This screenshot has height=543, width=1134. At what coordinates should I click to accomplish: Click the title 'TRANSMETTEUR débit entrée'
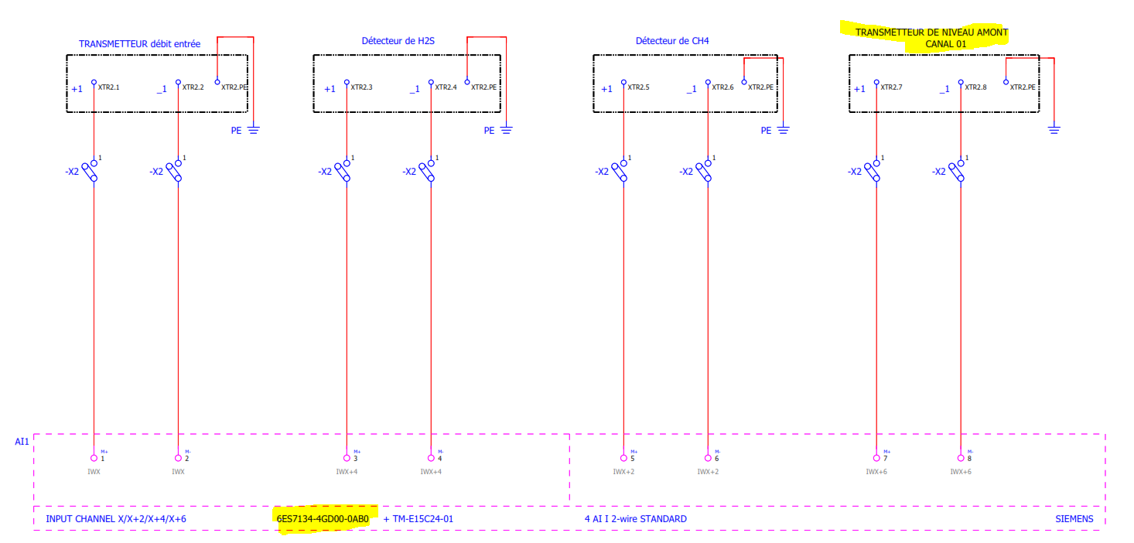point(139,44)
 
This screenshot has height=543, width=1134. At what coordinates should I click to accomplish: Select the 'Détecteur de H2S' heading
point(398,40)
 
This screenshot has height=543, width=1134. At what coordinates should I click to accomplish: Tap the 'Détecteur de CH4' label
point(672,40)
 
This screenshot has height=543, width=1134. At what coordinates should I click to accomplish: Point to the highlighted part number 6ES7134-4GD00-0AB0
point(323,518)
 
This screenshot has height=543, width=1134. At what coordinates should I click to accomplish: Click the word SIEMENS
point(1074,518)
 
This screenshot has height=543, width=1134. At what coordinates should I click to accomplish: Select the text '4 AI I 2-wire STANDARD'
point(635,518)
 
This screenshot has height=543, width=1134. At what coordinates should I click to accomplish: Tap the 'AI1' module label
point(22,442)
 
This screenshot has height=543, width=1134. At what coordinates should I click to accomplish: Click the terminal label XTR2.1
point(108,87)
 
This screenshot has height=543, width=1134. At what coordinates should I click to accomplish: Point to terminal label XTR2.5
point(638,87)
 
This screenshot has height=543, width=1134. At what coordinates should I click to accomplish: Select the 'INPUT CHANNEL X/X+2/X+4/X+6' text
point(115,518)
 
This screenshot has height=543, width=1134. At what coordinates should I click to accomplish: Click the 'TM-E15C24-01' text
point(423,518)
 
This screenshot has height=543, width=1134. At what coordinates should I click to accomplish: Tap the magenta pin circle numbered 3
point(346,458)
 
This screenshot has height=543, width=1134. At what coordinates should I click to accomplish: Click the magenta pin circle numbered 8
point(961,458)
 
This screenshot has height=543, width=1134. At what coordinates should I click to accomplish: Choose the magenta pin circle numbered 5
point(623,458)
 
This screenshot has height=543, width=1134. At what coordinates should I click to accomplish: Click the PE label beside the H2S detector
point(489,131)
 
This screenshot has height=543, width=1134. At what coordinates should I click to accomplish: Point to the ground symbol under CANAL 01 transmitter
point(1054,128)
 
